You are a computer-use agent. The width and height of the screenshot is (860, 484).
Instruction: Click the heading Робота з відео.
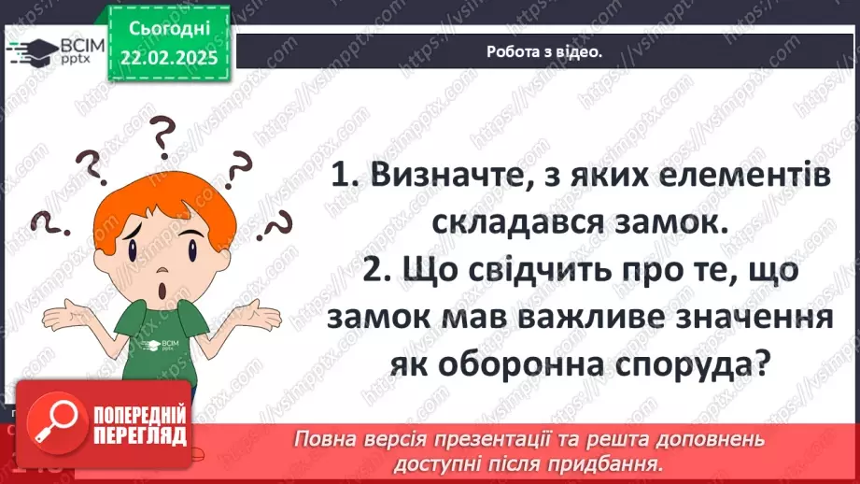coord(544,52)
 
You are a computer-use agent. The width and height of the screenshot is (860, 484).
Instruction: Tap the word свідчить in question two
coord(541,272)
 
